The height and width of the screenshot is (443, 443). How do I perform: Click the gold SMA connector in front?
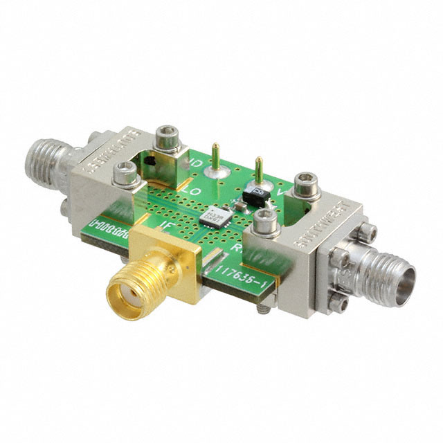[x=142, y=280]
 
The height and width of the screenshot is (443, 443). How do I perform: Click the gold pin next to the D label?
[x=215, y=156]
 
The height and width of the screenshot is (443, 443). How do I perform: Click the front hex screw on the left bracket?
[x=125, y=172]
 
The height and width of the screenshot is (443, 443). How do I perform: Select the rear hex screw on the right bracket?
[x=306, y=184]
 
